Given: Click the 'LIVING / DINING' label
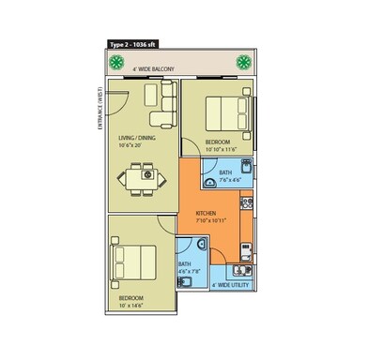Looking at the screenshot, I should (x=139, y=137).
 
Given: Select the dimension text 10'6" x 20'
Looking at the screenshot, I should (x=138, y=145).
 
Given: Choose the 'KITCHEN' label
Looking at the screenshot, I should (x=207, y=213).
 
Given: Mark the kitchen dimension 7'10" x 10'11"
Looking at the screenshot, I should (x=212, y=221).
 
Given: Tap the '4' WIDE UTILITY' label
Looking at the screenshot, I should (x=231, y=284).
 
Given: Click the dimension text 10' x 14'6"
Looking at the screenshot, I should (x=131, y=306).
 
